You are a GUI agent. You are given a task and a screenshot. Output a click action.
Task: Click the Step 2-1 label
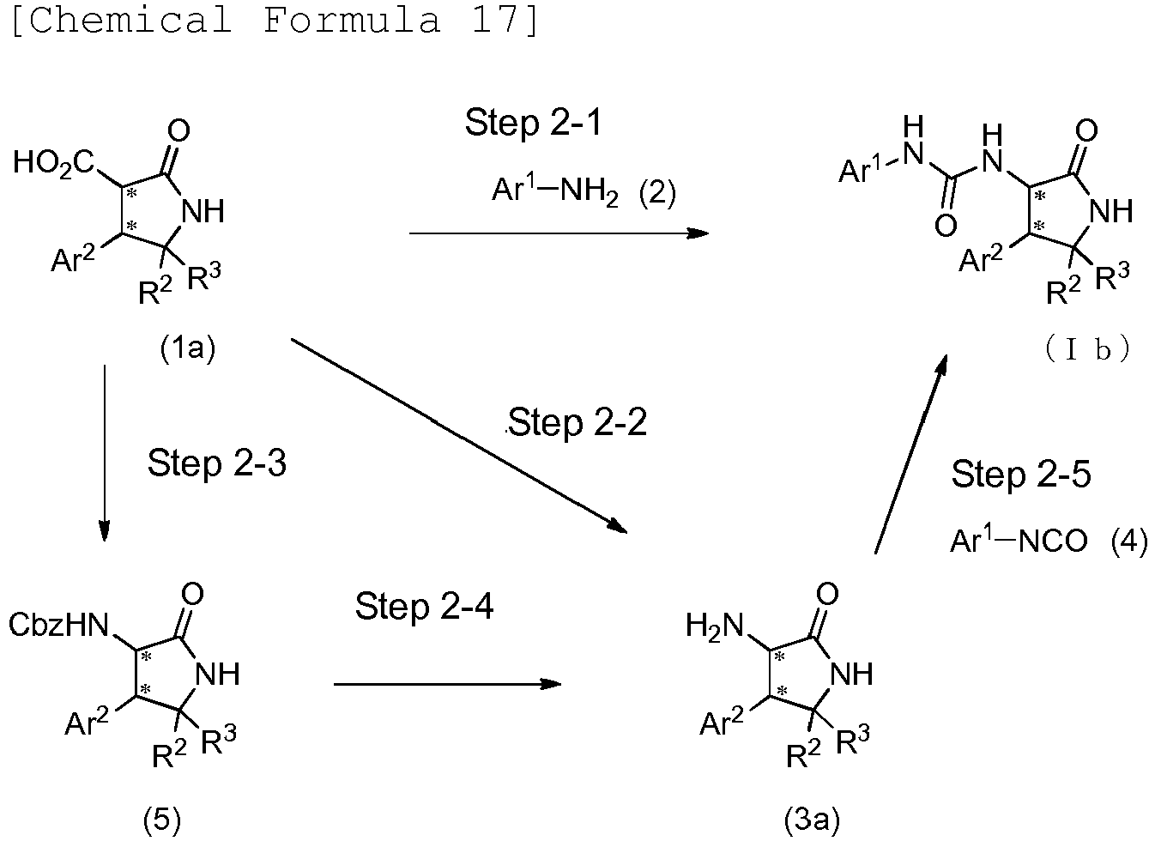tap(533, 124)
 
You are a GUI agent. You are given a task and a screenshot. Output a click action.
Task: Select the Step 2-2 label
tap(577, 422)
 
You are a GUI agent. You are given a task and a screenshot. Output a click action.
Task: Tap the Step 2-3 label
tap(217, 463)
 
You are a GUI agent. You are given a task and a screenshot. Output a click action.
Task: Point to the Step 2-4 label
tap(424, 608)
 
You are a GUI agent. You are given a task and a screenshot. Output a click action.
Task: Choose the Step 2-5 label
tap(1020, 475)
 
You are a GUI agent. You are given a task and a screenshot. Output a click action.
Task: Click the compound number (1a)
tap(188, 348)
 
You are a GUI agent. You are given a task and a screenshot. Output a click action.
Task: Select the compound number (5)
tap(162, 820)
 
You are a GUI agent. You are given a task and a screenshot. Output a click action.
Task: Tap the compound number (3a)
tap(811, 820)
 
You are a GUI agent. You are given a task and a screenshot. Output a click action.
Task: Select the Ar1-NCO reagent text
tap(1019, 541)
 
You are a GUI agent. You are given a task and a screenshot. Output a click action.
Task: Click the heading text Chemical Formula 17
tap(275, 19)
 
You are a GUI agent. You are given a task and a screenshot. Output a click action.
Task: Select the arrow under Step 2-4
tap(446, 684)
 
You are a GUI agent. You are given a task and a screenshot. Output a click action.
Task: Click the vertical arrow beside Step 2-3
tap(105, 453)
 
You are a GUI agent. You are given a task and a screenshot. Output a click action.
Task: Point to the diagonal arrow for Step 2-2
tap(459, 435)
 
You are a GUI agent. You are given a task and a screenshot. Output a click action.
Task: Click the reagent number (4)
tap(1128, 542)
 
